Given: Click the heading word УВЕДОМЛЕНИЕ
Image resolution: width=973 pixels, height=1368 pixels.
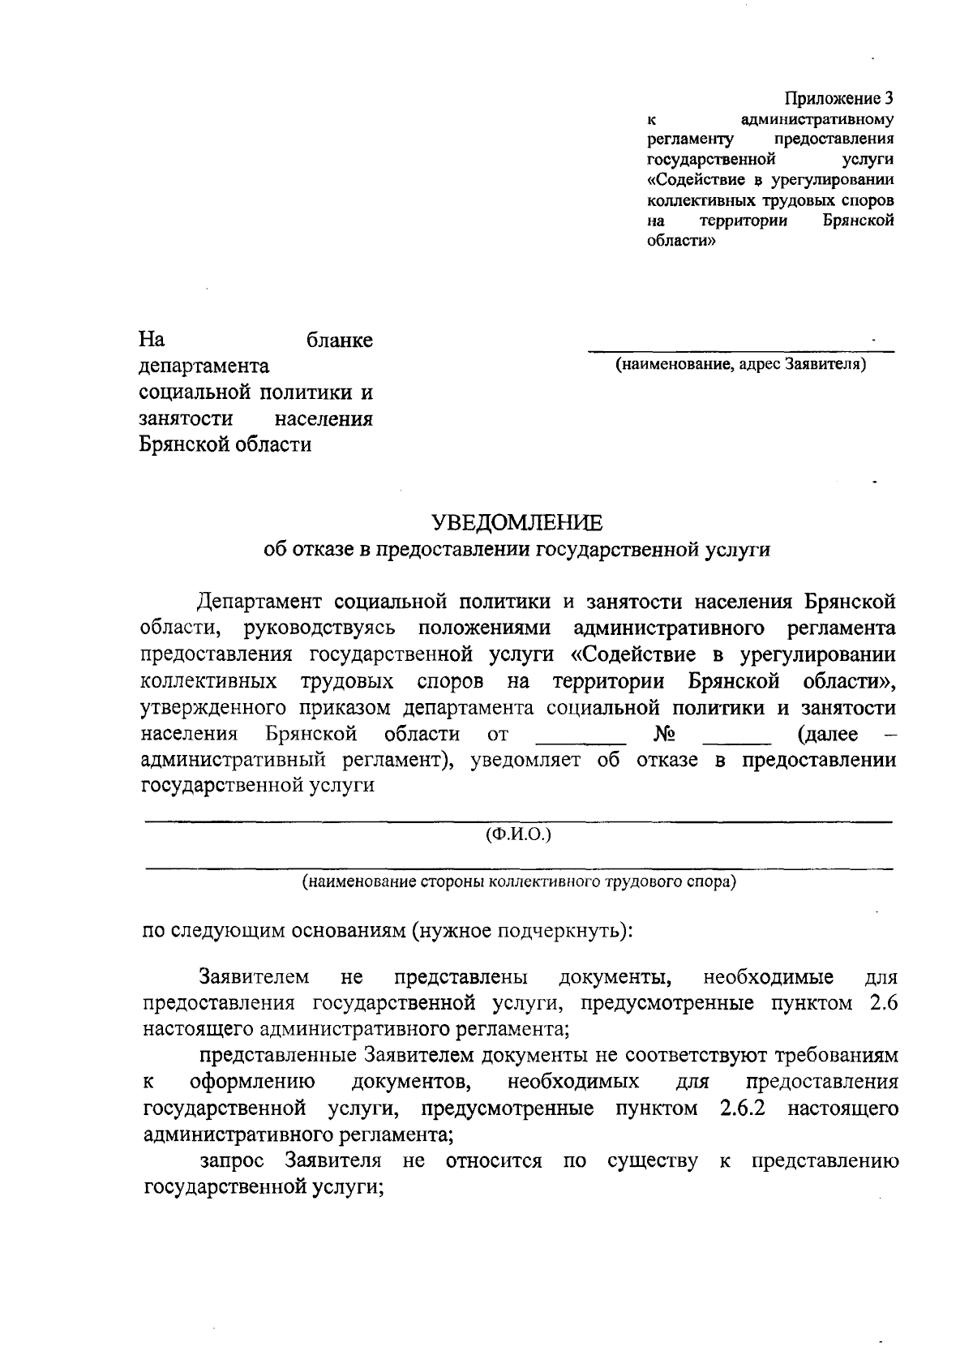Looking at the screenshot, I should (x=517, y=521).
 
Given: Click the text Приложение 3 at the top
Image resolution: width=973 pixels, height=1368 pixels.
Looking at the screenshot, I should (x=838, y=99).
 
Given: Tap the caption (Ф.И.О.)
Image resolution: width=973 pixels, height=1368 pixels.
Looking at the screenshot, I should (x=518, y=834).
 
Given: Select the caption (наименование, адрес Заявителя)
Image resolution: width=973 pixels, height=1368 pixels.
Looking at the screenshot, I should (x=740, y=364).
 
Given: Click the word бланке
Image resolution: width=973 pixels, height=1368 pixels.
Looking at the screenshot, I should (x=340, y=341).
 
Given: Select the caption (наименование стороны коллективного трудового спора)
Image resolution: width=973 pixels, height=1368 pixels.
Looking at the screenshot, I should (x=519, y=881).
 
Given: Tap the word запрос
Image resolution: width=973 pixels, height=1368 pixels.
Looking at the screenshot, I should (x=232, y=1160).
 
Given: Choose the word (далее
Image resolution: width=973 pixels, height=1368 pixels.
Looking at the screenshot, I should (x=828, y=735).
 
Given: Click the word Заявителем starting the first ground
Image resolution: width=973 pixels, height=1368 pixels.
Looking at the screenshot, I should (x=254, y=976).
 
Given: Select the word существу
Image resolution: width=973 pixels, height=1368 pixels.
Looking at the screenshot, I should (x=652, y=1160).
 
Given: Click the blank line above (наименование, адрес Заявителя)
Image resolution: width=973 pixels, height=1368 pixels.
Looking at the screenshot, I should (x=740, y=350).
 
